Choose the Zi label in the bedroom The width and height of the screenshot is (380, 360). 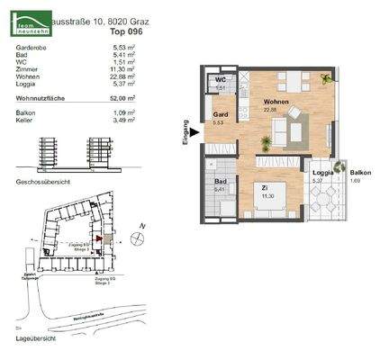click(266, 188)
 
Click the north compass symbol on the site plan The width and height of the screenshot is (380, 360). click(136, 238)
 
